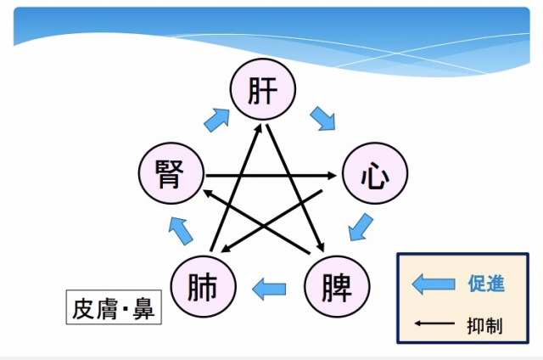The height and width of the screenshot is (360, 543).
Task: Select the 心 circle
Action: pyautogui.click(x=374, y=177)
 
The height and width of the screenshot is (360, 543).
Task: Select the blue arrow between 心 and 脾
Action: pyautogui.click(x=361, y=228)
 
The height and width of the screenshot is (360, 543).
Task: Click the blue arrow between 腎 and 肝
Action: pyautogui.click(x=216, y=119)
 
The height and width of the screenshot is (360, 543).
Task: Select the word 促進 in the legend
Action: pyautogui.click(x=485, y=284)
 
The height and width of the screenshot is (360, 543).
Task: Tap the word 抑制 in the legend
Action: pyautogui.click(x=485, y=325)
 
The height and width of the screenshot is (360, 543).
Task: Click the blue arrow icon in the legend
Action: pyautogui.click(x=434, y=284)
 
